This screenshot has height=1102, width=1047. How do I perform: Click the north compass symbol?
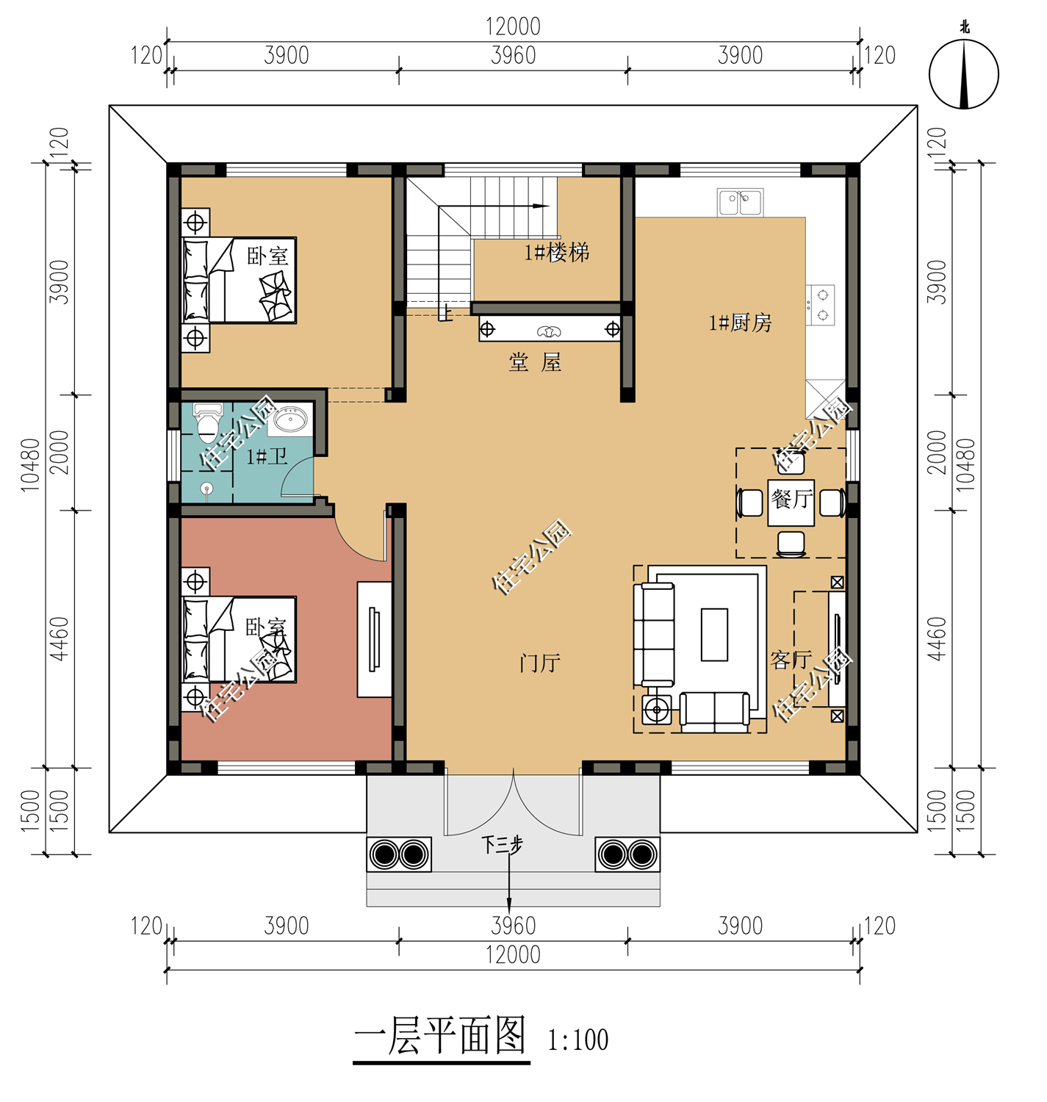(x=963, y=73)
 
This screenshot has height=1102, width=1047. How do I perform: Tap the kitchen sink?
(x=740, y=202)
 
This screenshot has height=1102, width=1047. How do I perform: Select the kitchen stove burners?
(x=821, y=305)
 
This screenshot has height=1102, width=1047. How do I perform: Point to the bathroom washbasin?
(x=289, y=419)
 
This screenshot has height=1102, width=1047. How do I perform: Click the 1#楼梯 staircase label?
(x=556, y=253)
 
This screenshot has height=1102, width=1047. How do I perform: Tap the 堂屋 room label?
(x=535, y=363)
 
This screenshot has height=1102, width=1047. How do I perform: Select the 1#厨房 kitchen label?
(x=740, y=323)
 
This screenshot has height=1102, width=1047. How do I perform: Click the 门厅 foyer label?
(x=539, y=663)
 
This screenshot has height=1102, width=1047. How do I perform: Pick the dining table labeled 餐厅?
(x=791, y=502)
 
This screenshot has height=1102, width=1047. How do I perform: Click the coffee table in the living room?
(x=714, y=635)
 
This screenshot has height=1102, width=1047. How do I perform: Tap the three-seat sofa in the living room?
(x=654, y=635)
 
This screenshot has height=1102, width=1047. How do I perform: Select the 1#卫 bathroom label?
(x=267, y=456)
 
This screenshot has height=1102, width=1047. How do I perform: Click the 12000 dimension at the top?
(x=513, y=26)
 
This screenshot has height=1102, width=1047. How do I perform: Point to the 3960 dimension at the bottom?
(x=513, y=926)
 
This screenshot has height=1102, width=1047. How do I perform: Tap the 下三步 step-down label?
(x=503, y=845)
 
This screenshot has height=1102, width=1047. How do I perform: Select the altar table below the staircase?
(x=550, y=328)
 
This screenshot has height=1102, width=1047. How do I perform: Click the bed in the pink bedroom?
(x=239, y=640)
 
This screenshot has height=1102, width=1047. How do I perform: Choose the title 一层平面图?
(x=441, y=1035)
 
